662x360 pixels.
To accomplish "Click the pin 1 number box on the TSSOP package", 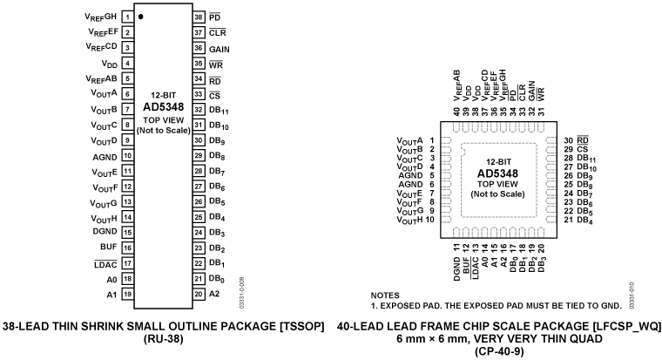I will [x=127, y=17].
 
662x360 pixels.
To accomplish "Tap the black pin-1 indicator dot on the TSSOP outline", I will [x=141, y=17].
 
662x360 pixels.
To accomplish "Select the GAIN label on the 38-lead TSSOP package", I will [x=218, y=49].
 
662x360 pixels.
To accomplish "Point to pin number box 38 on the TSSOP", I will [x=198, y=17].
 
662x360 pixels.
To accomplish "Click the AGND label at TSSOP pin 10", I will [x=105, y=156].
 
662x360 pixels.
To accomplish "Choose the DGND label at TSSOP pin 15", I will [x=105, y=232].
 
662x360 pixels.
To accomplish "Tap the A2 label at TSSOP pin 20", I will [x=214, y=294].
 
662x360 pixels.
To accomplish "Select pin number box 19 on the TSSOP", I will [x=127, y=294].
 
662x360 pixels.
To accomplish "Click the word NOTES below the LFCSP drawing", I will [x=388, y=295].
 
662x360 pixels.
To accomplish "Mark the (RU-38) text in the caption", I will [x=164, y=343].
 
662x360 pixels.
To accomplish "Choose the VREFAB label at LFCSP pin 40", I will [x=457, y=88].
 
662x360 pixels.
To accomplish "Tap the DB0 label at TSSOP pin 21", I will [x=218, y=278].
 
